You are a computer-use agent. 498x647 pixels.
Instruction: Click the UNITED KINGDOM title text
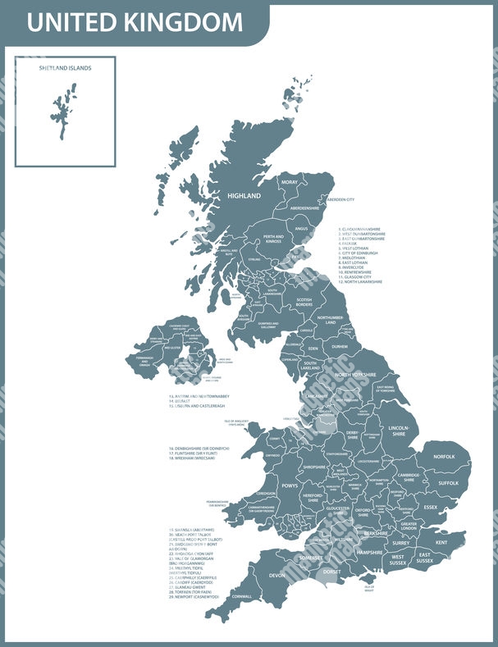135,22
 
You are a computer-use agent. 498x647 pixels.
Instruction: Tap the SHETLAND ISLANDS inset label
65,68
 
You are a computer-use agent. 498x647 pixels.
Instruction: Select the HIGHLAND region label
244,196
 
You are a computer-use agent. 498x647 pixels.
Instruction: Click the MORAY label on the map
290,182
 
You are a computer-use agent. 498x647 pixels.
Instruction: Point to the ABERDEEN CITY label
340,199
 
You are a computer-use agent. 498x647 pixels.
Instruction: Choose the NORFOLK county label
444,456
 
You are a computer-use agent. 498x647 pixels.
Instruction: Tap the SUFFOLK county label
448,483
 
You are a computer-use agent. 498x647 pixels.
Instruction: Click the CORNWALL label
242,596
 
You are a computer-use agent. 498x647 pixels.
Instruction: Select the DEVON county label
276,575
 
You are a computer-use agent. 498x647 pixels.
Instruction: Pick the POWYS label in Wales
289,486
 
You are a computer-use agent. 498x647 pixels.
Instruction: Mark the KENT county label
441,542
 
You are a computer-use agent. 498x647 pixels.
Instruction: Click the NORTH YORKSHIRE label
354,374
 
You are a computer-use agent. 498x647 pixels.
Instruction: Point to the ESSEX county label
431,507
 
